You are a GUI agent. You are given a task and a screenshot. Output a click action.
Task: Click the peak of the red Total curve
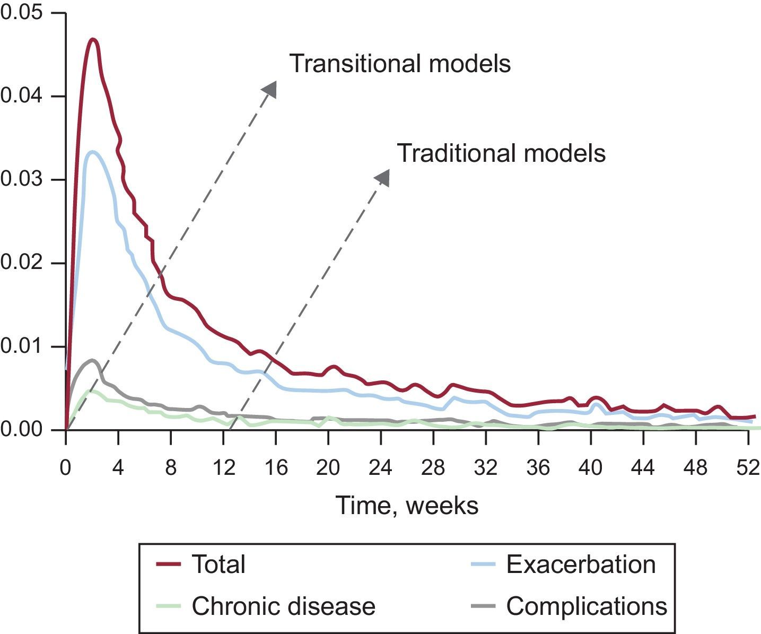[93, 40]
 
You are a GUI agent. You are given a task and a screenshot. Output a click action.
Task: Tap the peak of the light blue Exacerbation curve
[93, 152]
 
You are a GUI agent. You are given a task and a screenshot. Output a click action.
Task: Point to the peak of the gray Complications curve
[92, 361]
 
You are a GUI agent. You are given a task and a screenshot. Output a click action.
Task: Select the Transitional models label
[400, 64]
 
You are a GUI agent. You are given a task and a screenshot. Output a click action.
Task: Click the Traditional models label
[501, 153]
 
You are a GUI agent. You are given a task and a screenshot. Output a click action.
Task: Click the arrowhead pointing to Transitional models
[271, 88]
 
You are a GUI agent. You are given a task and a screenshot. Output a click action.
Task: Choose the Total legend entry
[218, 564]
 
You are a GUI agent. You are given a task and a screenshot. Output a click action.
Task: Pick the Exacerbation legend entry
[581, 564]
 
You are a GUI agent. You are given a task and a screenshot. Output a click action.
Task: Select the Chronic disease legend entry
[283, 605]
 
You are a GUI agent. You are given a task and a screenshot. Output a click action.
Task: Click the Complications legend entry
[587, 605]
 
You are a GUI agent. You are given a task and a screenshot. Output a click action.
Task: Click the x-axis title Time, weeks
[407, 505]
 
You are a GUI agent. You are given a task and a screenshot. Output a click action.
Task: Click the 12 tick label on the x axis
[223, 468]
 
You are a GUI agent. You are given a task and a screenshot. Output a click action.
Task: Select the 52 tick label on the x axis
[748, 468]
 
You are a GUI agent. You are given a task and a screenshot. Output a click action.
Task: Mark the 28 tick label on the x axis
[433, 468]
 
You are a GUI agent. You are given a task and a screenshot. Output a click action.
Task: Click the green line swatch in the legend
[169, 605]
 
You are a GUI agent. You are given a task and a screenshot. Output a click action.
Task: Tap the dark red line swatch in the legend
[169, 564]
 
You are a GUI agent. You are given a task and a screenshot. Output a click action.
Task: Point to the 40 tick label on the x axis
[590, 468]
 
